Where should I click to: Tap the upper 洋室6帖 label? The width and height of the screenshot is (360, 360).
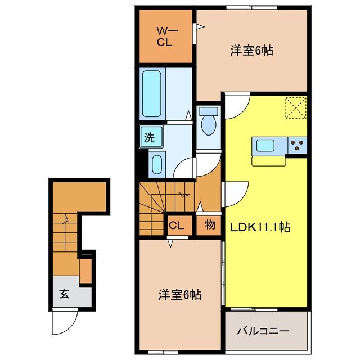pos(251,51)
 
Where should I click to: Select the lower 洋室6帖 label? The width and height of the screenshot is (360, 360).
pos(179,294)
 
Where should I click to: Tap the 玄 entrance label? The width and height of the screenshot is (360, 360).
pos(65,294)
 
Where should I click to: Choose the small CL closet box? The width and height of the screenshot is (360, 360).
pos(176,226)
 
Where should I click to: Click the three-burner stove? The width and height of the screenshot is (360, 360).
pos(297,146)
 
